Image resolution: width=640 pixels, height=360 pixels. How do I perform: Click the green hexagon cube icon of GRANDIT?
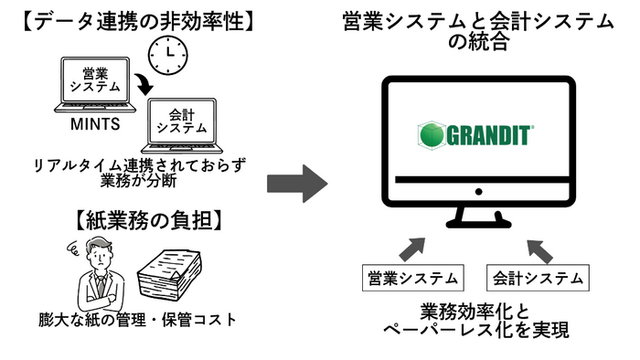(431, 135)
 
